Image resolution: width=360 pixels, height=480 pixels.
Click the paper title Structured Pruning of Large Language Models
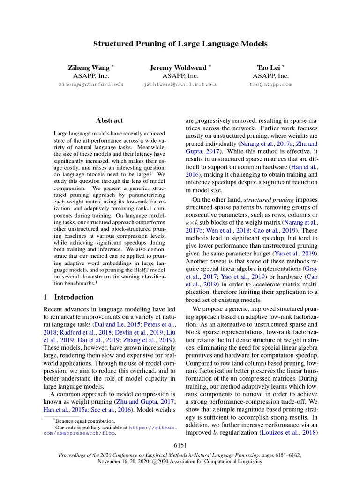pos(180,44)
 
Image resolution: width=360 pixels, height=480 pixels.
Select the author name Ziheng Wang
pos(89,67)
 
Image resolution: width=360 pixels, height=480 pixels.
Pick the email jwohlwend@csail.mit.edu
pos(180,85)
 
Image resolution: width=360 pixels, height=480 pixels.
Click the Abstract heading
pos(109,120)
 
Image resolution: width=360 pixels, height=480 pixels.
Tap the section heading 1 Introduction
pos(68,297)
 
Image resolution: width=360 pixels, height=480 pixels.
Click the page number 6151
pos(180,444)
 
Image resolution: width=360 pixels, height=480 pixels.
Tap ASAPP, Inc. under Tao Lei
pos(271,76)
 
